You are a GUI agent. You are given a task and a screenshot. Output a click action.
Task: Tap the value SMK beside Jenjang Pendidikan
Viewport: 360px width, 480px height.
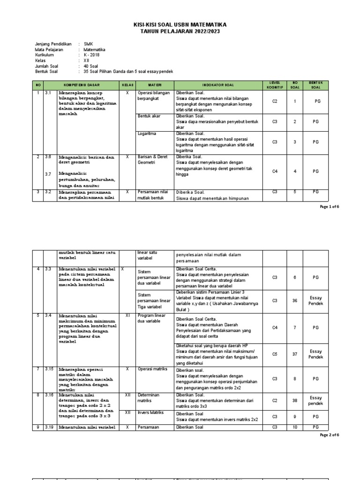[88, 44]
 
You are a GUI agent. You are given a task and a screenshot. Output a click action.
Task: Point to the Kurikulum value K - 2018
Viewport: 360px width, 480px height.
[92, 55]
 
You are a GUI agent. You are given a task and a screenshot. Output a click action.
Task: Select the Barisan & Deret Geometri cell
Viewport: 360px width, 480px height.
[152, 160]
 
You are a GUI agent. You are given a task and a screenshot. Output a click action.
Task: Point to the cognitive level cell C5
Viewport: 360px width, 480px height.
[275, 354]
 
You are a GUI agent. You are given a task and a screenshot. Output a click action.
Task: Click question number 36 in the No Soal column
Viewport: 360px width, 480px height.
[295, 301]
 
